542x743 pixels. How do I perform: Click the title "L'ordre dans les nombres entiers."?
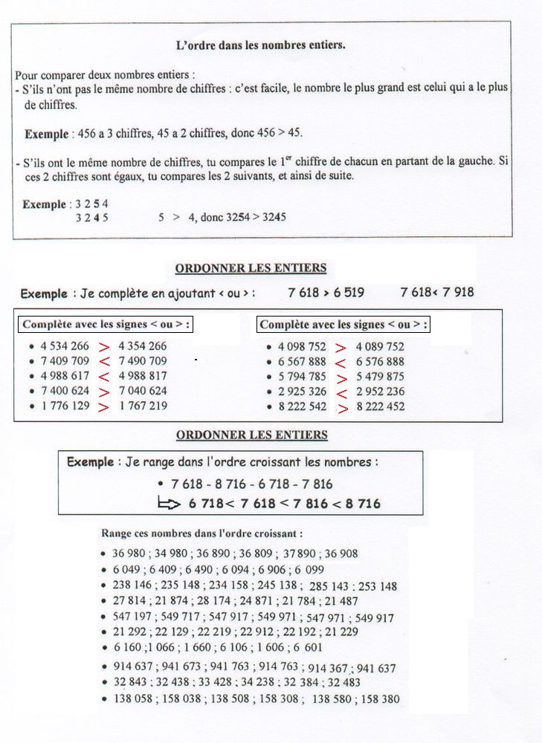click(x=260, y=45)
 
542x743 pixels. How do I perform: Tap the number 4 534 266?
click(x=65, y=346)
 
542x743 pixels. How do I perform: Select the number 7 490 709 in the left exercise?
click(x=143, y=361)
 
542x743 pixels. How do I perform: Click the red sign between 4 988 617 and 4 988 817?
click(x=104, y=377)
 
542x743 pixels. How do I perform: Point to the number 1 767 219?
click(x=143, y=406)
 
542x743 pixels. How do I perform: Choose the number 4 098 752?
click(x=302, y=347)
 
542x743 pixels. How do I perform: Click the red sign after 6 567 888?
click(x=341, y=363)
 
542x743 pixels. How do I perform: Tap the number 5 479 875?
click(x=380, y=377)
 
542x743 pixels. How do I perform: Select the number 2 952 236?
click(x=380, y=392)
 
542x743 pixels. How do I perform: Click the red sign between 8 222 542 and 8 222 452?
click(x=342, y=408)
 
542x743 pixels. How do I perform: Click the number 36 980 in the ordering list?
click(x=129, y=554)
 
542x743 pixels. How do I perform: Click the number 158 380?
click(x=381, y=699)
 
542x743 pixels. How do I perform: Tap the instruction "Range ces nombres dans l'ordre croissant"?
click(x=201, y=533)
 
